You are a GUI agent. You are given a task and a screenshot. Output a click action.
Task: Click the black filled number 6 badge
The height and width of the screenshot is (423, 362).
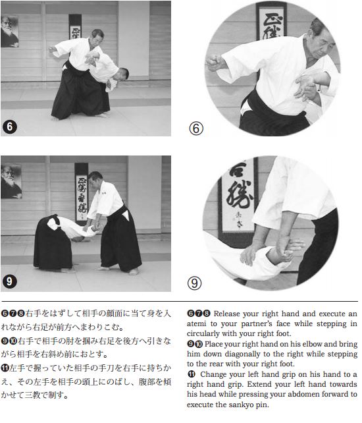click(x=10, y=127)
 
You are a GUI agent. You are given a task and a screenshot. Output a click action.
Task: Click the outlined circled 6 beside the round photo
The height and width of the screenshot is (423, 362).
click(x=196, y=128)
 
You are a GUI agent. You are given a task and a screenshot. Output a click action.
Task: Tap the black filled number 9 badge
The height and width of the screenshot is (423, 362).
click(x=9, y=281)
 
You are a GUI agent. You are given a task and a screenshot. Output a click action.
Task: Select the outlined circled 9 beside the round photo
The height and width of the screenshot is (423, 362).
click(x=195, y=283)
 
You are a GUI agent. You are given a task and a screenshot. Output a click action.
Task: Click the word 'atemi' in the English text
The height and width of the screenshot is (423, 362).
click(x=197, y=324)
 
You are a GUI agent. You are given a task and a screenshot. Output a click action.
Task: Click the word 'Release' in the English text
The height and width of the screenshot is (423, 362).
click(x=226, y=314)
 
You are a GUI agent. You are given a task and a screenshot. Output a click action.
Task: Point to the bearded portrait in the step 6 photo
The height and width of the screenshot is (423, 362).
click(x=10, y=31)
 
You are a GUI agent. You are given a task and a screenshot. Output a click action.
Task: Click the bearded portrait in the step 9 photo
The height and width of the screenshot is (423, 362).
click(x=11, y=182)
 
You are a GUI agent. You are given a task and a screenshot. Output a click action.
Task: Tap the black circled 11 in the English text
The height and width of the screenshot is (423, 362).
click(x=192, y=374)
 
